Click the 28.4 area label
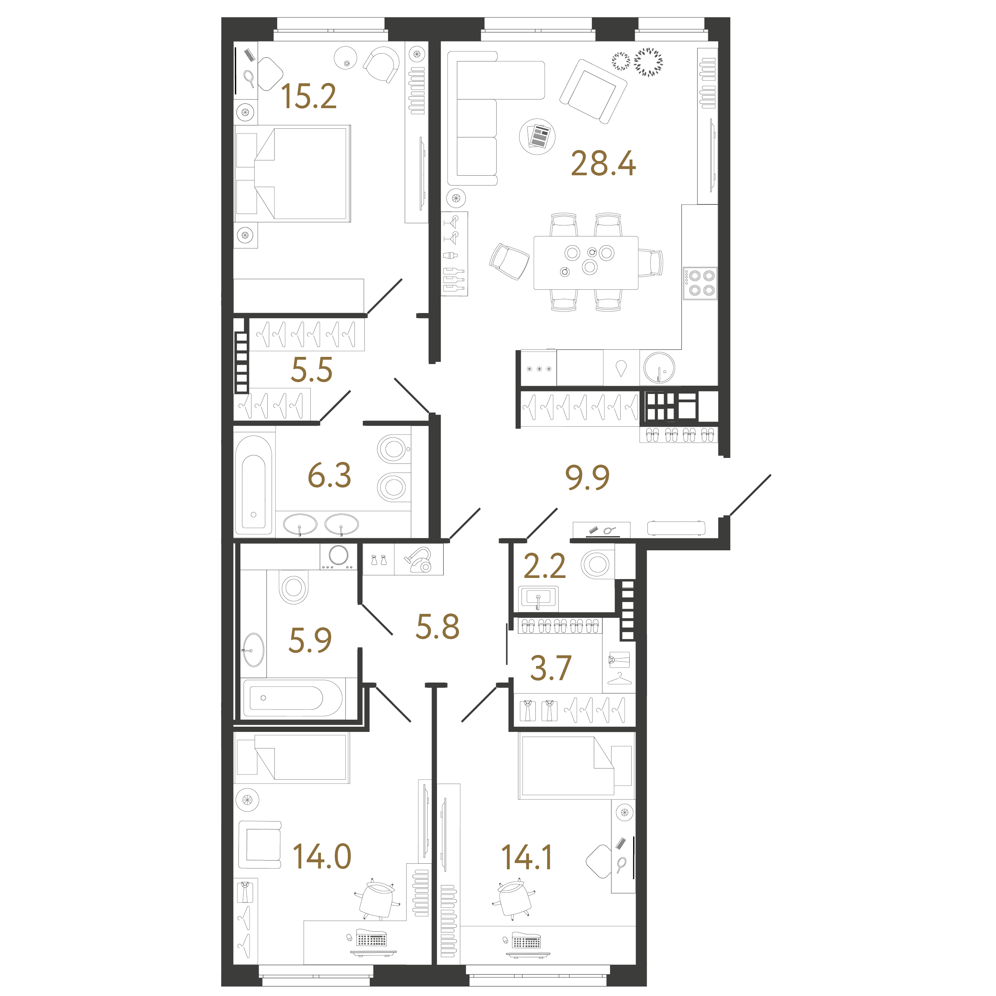pyautogui.click(x=603, y=163)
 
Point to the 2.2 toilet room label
pyautogui.click(x=544, y=566)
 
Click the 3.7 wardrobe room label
pyautogui.click(x=551, y=668)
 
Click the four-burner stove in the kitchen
pyautogui.click(x=700, y=283)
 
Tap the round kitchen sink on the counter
pyautogui.click(x=659, y=367)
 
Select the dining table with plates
pyautogui.click(x=586, y=263)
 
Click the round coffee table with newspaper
pyautogui.click(x=537, y=136)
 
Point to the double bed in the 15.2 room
pyautogui.click(x=293, y=174)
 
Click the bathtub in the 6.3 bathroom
pyautogui.click(x=254, y=485)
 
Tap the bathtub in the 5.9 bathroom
pyautogui.click(x=293, y=698)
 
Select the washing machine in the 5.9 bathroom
pyautogui.click(x=338, y=556)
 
